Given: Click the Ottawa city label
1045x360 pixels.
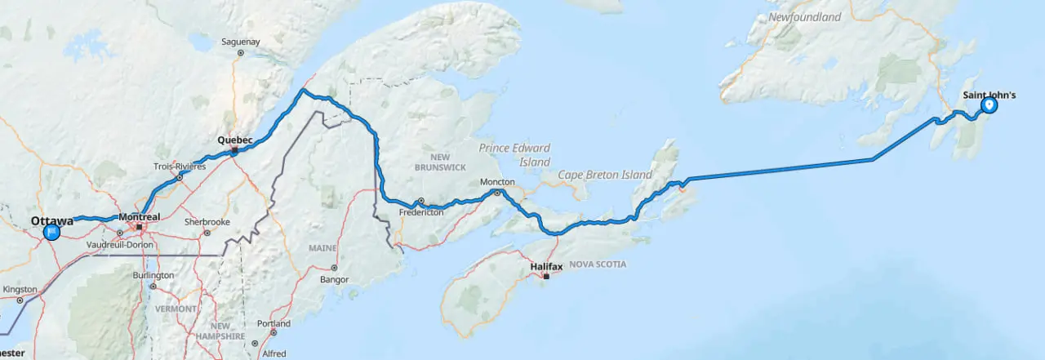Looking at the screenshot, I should coord(52,221).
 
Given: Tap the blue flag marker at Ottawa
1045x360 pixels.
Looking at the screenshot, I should coord(51,232).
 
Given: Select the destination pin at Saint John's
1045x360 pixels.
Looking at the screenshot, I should coord(989,105).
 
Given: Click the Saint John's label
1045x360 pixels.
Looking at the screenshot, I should coord(989,96).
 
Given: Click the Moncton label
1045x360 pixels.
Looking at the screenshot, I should coord(496,182).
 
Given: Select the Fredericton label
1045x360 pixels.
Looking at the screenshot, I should coord(421,211).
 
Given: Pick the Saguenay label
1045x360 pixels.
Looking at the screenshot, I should coord(240,42).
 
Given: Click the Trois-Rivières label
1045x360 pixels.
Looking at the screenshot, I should coord(180,166).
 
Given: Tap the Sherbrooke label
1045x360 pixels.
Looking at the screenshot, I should coord(207,222).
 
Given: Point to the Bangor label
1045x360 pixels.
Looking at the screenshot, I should coord(334,279).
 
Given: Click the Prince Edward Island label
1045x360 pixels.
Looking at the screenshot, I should coord(514,155).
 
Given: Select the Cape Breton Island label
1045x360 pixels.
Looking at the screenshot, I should coord(605,175).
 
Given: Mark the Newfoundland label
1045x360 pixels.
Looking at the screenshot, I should coord(804,17).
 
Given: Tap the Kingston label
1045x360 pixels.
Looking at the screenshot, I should coord(20,289).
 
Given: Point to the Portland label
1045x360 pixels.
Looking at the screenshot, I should coord(273,323).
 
